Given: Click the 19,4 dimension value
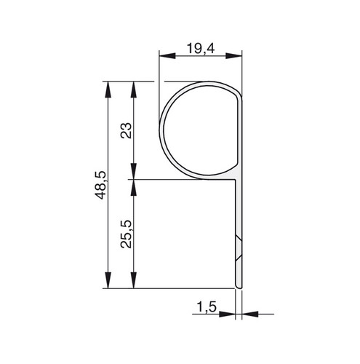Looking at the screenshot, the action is point(201,48).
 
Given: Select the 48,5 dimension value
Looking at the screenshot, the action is point(100,185).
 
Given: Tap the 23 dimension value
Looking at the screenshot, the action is point(126,130).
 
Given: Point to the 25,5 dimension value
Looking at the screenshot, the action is point(126,234).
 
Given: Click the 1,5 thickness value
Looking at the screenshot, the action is point(206,307).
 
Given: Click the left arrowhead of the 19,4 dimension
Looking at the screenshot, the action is point(167,56).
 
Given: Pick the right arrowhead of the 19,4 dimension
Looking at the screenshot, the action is point(233,56).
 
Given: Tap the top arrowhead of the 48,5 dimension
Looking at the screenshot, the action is point(108,90).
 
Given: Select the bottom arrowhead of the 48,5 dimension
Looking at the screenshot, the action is point(108,280).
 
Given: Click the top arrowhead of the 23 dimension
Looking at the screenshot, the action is point(134,90).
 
